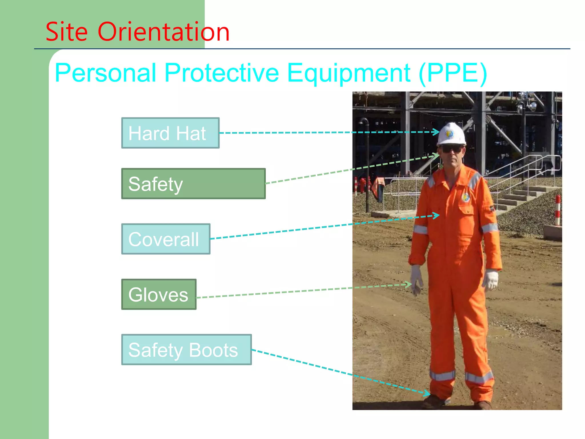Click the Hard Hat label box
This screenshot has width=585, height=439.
point(170,133)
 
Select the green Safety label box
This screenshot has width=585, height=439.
point(193,183)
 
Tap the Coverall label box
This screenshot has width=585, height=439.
point(166,239)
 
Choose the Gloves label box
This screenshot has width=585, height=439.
point(159,294)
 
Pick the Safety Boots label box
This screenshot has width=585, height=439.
point(186,350)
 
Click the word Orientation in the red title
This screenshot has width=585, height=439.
point(163,32)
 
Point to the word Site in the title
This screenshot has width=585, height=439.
point(66,32)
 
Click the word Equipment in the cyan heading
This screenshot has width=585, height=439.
point(349,73)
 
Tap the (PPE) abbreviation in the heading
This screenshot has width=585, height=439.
point(453,73)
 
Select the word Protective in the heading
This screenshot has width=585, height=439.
point(222,73)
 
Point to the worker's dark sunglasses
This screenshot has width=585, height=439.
point(451,149)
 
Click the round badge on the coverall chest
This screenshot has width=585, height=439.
point(466,197)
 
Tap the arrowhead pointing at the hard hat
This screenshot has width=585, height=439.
point(436,132)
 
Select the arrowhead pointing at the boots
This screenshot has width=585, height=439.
point(427,393)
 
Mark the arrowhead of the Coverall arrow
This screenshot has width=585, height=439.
point(436,215)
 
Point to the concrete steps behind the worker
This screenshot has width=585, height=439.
point(517,197)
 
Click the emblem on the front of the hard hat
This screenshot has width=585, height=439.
point(449,134)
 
